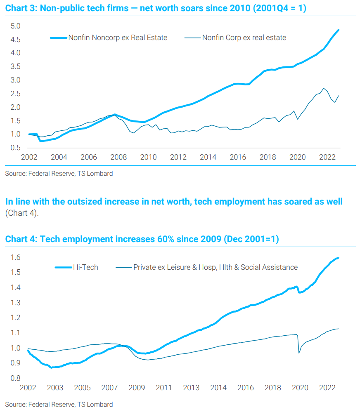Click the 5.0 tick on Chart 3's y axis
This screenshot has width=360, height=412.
point(15,26)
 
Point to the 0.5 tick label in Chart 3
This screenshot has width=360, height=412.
point(15,148)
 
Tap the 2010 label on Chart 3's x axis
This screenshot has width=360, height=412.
point(148,157)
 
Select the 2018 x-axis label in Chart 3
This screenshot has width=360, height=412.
point(268,157)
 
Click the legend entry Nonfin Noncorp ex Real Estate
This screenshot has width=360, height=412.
point(118,38)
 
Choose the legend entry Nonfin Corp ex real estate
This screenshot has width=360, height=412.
point(244,38)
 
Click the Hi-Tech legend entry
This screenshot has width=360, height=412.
point(85,267)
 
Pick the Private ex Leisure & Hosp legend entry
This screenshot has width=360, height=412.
point(215,267)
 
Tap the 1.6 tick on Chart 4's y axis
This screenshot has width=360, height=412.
point(15,257)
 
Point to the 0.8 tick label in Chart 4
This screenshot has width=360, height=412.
point(15,378)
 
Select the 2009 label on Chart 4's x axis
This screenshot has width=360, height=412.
point(137,388)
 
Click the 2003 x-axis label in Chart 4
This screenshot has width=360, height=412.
point(55,388)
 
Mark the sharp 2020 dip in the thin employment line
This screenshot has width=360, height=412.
point(299,353)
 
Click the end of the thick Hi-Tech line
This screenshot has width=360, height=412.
point(339,258)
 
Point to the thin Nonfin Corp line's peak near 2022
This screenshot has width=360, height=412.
point(324,88)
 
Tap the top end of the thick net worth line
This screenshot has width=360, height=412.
point(339,30)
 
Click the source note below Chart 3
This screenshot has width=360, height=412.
point(59,174)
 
